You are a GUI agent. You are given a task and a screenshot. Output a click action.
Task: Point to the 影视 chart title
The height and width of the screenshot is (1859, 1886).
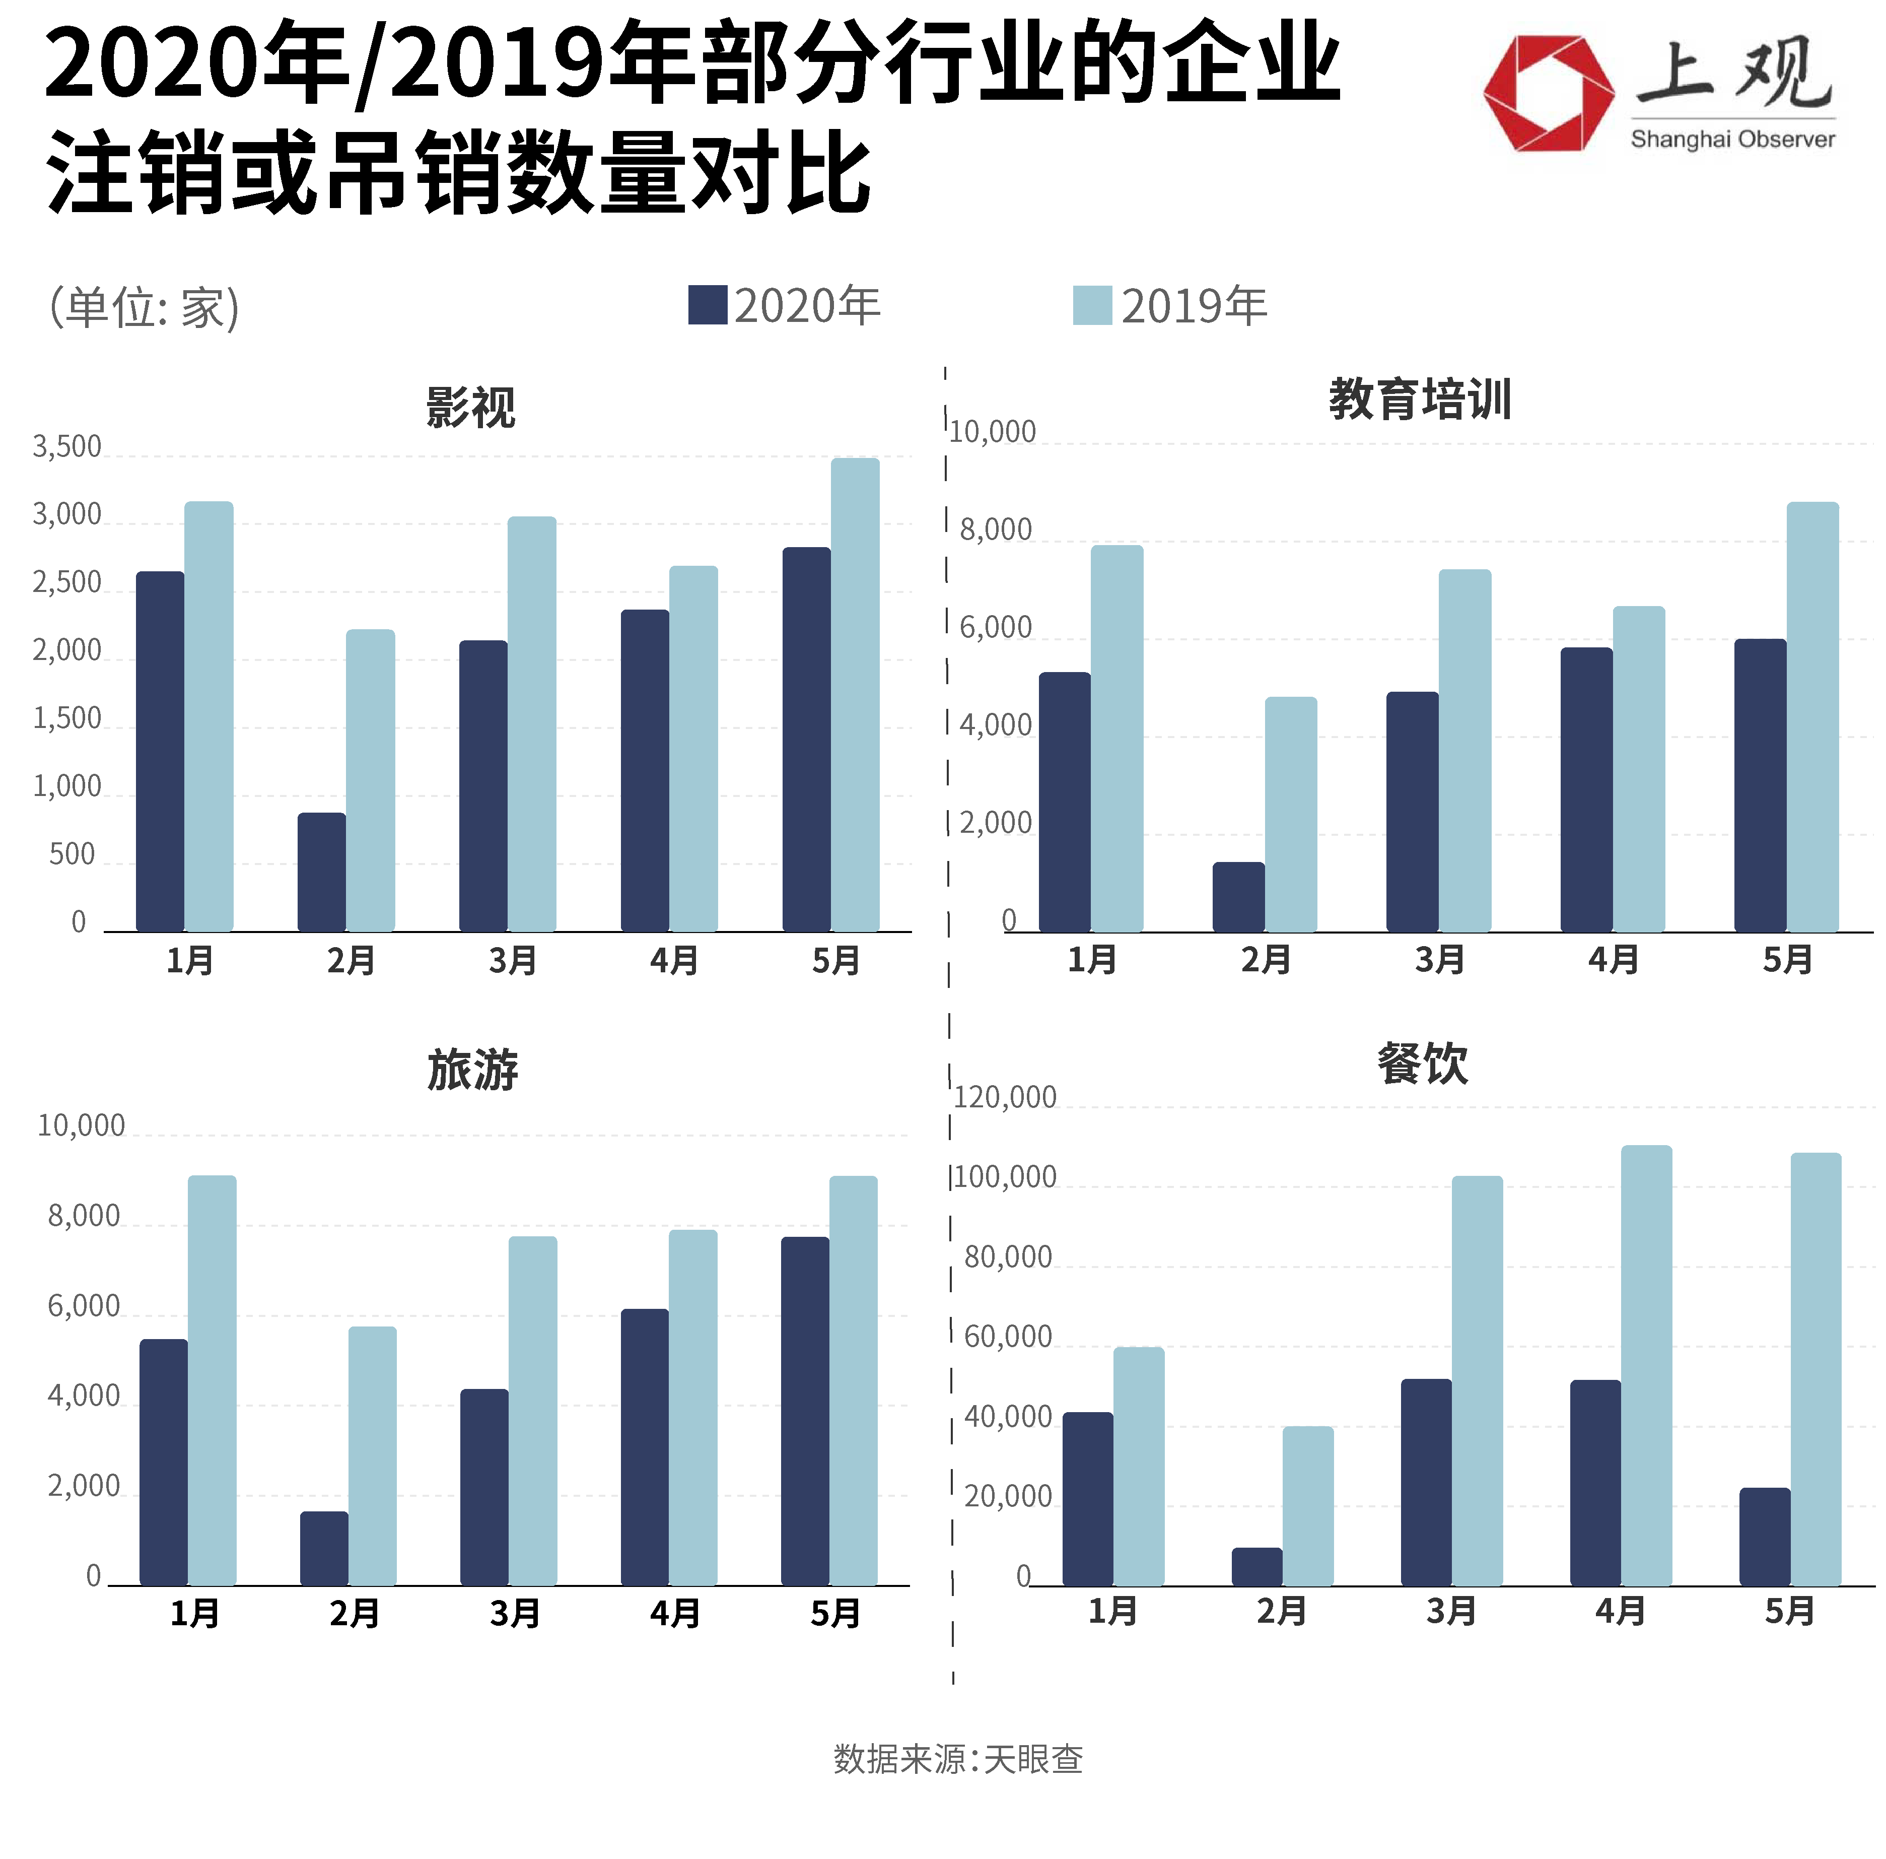[470, 407]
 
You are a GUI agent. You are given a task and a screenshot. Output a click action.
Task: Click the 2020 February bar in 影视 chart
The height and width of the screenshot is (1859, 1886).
[321, 872]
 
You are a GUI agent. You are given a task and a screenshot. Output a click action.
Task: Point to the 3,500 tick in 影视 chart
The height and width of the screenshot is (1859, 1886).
[66, 447]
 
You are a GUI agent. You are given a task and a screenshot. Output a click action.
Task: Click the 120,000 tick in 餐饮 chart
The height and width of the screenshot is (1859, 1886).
[1005, 1097]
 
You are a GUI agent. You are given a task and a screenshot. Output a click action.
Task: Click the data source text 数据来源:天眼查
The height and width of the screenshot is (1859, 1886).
[958, 1758]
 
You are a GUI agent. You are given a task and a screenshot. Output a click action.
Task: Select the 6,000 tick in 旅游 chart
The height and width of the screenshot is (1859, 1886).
[83, 1306]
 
